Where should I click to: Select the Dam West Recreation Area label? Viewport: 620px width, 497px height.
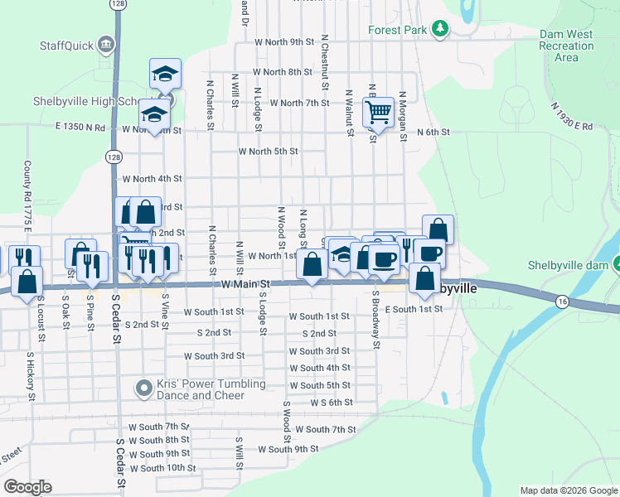point(566,46)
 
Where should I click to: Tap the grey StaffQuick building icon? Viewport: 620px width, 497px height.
point(105,44)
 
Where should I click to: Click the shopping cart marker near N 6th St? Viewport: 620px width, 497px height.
point(378,111)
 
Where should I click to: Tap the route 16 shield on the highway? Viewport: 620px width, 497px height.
point(562,301)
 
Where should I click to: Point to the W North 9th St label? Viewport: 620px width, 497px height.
point(284,41)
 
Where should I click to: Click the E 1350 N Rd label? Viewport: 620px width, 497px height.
point(81,128)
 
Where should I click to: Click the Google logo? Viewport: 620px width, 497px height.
point(27,487)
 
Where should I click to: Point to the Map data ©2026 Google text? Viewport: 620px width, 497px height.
point(568,490)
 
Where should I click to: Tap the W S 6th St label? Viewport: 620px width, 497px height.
point(332,402)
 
